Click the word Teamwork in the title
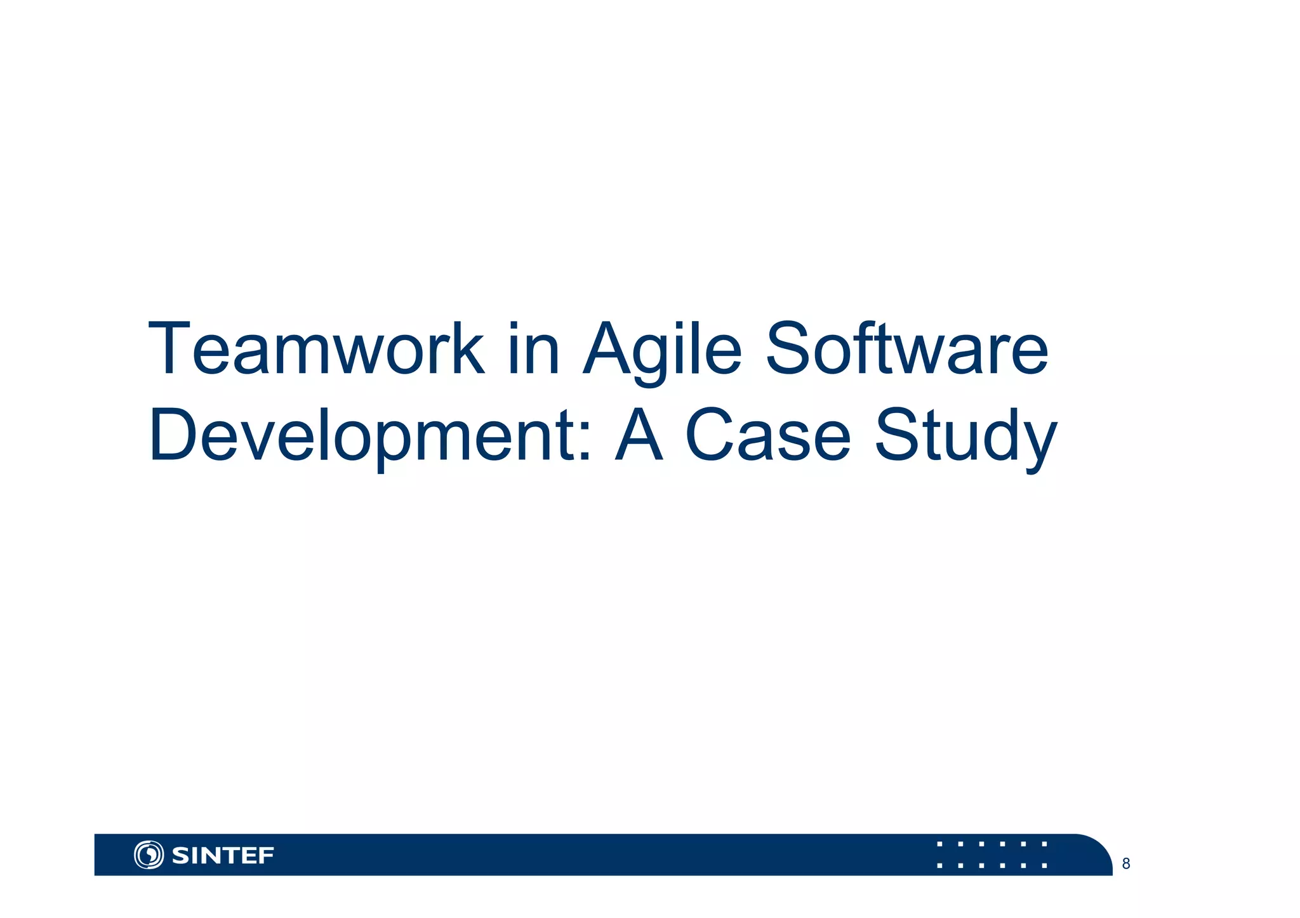point(315,350)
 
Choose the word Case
point(768,436)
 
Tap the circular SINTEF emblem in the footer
point(149,855)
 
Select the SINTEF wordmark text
point(223,856)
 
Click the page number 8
point(1126,863)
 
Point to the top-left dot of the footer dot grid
point(939,844)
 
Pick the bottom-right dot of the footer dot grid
point(1044,865)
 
